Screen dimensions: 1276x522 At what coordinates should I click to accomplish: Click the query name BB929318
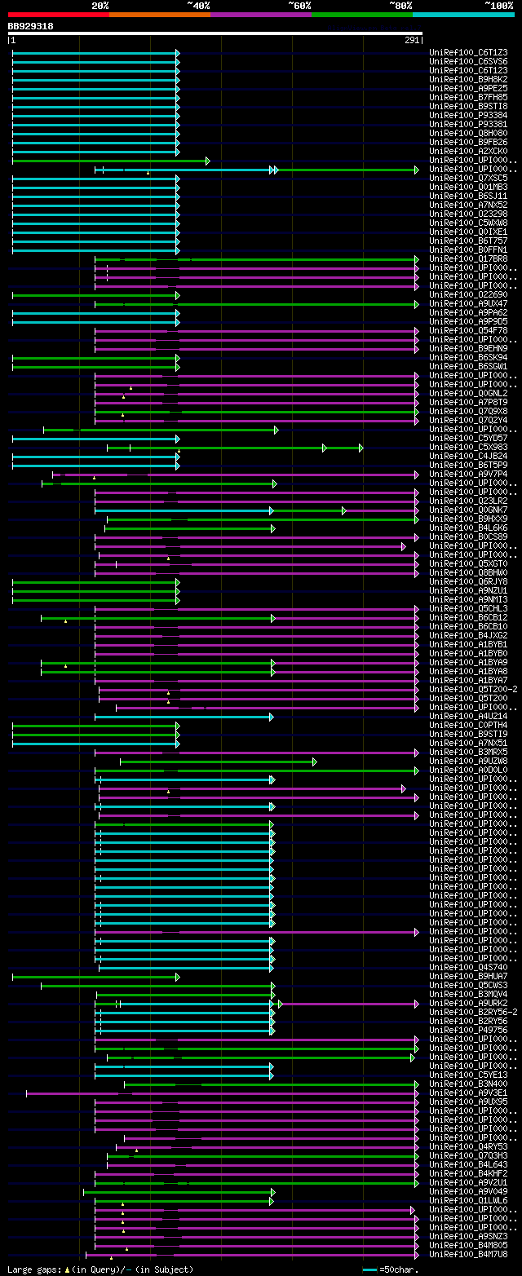(31, 26)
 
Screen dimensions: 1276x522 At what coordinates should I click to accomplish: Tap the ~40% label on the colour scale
(198, 5)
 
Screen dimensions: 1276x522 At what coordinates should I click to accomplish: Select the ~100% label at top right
(499, 5)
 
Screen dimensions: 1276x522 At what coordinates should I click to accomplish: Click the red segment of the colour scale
(58, 14)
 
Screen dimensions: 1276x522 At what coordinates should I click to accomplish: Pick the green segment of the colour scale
(361, 14)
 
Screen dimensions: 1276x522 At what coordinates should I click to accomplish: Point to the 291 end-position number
(411, 40)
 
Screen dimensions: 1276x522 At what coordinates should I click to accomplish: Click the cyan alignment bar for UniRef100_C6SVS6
(95, 62)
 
